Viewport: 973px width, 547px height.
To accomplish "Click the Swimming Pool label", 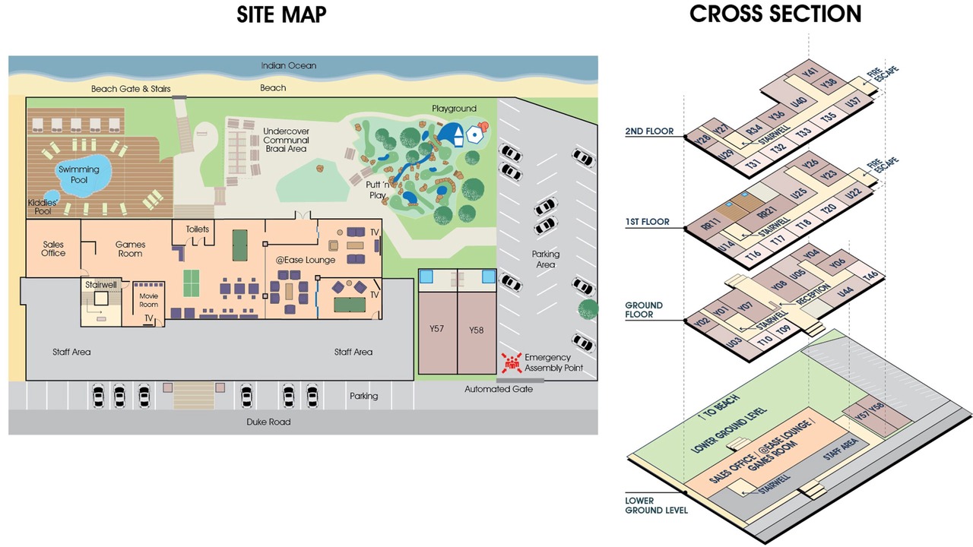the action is point(78,175).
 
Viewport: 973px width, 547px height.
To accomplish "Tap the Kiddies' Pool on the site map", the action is point(52,197).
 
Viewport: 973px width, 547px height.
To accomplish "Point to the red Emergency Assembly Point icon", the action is point(512,362).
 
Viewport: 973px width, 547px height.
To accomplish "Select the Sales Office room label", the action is point(53,248).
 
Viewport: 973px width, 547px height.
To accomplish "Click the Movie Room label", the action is point(148,300).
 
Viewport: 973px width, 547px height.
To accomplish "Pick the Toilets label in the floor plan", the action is point(198,229).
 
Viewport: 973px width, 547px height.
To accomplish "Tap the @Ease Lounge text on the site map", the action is point(306,260).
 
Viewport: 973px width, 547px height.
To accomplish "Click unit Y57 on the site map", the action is point(437,329).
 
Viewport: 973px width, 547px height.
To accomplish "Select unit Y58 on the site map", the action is point(477,330).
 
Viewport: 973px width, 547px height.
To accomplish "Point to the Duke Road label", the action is point(268,422).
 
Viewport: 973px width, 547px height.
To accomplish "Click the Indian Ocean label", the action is point(288,65).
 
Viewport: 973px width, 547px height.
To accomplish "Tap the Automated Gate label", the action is point(499,389).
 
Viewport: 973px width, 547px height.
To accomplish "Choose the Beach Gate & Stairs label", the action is point(131,89).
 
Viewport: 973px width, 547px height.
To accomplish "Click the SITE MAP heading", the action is point(281,14).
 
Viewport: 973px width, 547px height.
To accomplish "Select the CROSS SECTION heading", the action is point(775,14).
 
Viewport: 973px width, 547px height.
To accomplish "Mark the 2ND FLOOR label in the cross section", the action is point(649,131).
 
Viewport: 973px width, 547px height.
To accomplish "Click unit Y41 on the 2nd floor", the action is point(810,72).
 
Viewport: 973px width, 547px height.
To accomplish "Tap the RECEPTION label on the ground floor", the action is point(813,293).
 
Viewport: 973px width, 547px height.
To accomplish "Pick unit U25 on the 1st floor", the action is point(799,193).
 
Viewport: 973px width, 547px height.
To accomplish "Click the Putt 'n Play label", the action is point(377,190).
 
